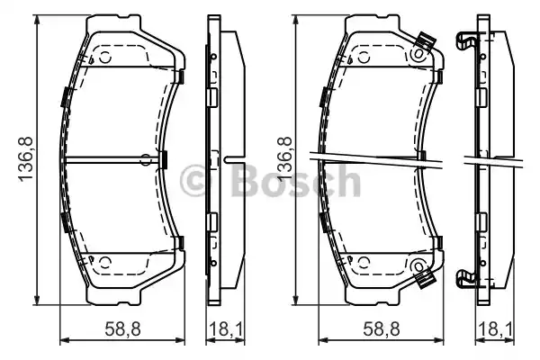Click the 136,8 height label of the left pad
pyautogui.click(x=25, y=158)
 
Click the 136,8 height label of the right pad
pyautogui.click(x=284, y=158)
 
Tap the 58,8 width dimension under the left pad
pyautogui.click(x=123, y=328)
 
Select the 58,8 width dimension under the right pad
pyautogui.click(x=382, y=328)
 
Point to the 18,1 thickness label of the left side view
pyautogui.click(x=226, y=328)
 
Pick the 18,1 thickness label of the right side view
pyautogui.click(x=496, y=328)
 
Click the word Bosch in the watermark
pyautogui.click(x=295, y=181)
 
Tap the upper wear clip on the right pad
pyautogui.click(x=426, y=42)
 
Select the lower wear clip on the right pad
pyautogui.click(x=426, y=279)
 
